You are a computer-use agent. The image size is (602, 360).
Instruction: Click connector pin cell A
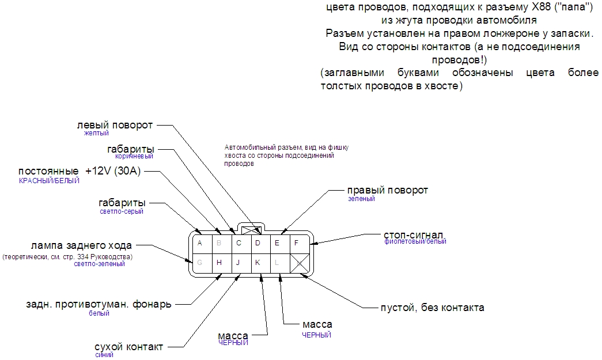(x=200, y=242)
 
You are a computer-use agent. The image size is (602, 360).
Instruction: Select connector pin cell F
(x=297, y=242)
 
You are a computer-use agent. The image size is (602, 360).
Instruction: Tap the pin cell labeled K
(x=258, y=263)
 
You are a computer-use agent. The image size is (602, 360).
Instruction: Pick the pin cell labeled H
(x=219, y=263)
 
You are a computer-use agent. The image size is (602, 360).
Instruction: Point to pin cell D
(x=258, y=242)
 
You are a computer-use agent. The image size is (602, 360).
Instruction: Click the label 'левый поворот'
(x=115, y=125)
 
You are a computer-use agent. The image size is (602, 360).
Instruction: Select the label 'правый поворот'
(x=387, y=190)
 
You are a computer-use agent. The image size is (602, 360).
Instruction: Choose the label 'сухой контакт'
(x=128, y=347)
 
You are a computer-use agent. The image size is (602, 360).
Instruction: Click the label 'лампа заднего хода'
(x=81, y=245)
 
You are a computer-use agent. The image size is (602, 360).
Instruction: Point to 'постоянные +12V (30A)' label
(x=79, y=171)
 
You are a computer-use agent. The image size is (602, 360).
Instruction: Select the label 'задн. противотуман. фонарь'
(x=99, y=304)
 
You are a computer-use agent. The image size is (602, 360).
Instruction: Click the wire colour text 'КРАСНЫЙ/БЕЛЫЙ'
(x=49, y=180)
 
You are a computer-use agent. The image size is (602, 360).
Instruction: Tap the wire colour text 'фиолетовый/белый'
(x=415, y=242)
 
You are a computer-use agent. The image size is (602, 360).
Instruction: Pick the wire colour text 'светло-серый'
(x=122, y=211)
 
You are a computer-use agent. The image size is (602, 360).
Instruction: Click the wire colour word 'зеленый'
(x=361, y=199)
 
